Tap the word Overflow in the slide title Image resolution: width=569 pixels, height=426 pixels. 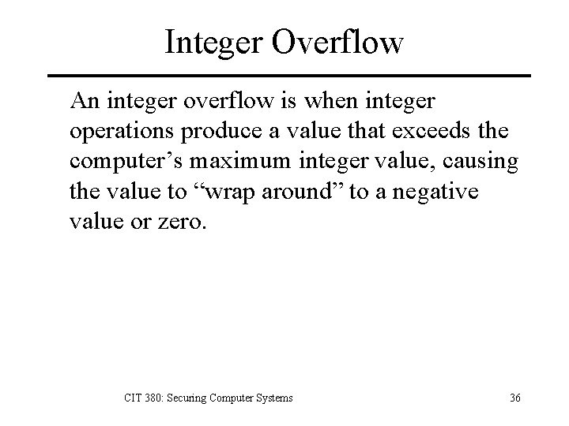point(338,41)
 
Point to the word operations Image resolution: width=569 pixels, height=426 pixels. point(119,131)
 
